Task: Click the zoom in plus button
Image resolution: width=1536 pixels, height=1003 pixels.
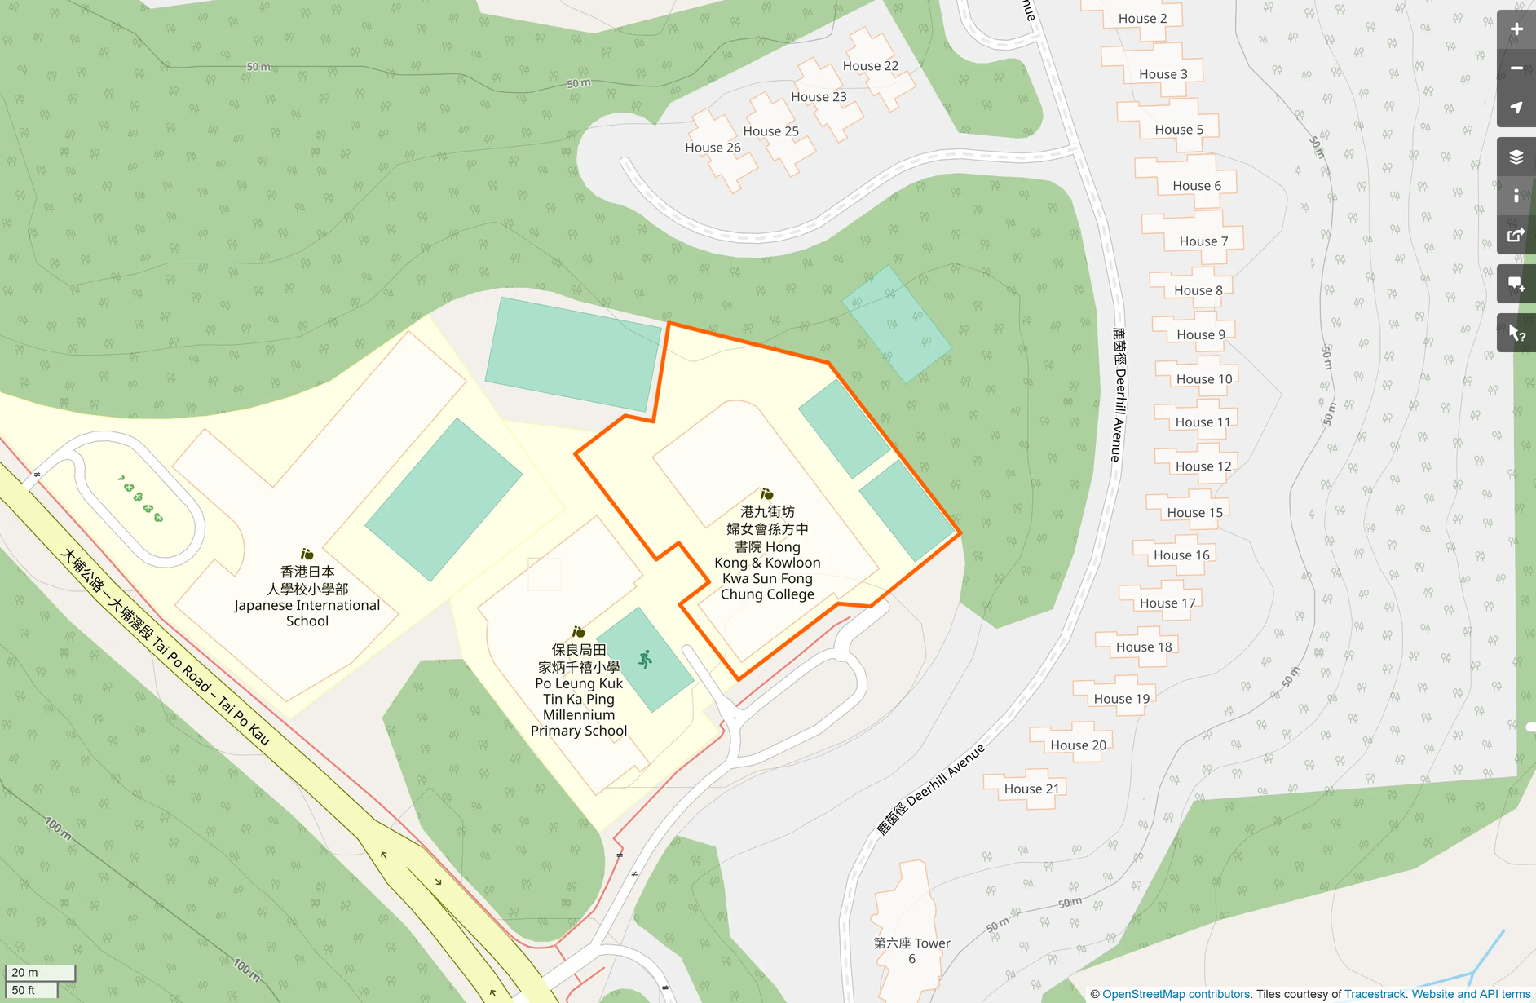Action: pyautogui.click(x=1516, y=29)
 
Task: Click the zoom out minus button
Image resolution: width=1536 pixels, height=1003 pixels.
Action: pyautogui.click(x=1516, y=68)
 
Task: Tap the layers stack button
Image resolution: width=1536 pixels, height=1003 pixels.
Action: pyautogui.click(x=1516, y=157)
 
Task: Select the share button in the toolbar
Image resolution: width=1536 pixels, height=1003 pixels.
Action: pyautogui.click(x=1516, y=236)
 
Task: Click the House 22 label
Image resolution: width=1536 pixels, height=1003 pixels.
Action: pyautogui.click(x=870, y=66)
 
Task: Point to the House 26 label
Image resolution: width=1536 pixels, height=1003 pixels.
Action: pyautogui.click(x=713, y=148)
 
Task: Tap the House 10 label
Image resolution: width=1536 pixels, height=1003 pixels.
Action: pyautogui.click(x=1203, y=379)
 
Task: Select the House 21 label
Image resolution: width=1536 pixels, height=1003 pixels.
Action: pyautogui.click(x=1031, y=789)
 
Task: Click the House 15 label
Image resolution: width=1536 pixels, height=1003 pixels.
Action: pyautogui.click(x=1194, y=512)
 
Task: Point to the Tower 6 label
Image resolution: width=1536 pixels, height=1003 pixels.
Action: pyautogui.click(x=911, y=951)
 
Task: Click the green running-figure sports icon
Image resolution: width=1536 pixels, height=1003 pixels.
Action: pyautogui.click(x=646, y=659)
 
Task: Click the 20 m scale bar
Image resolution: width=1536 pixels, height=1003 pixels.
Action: pyautogui.click(x=40, y=972)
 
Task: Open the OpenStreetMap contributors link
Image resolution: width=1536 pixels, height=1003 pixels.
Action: pyautogui.click(x=1176, y=994)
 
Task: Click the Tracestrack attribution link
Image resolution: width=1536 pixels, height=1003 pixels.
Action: pyautogui.click(x=1375, y=994)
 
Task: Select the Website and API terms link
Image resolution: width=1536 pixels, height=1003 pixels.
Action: pyautogui.click(x=1471, y=994)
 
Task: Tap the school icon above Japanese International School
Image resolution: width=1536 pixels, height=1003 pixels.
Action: pyautogui.click(x=307, y=555)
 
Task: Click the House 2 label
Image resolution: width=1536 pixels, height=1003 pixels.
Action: pyautogui.click(x=1142, y=19)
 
